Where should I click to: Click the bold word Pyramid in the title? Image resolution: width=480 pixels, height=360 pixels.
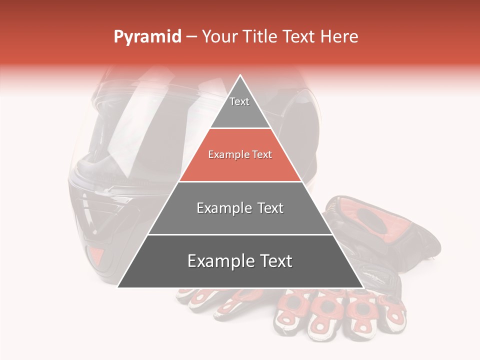coord(147,37)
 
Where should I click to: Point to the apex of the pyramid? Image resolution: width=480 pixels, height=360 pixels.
coord(240,76)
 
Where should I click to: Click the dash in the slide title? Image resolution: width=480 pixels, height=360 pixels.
coord(191,37)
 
